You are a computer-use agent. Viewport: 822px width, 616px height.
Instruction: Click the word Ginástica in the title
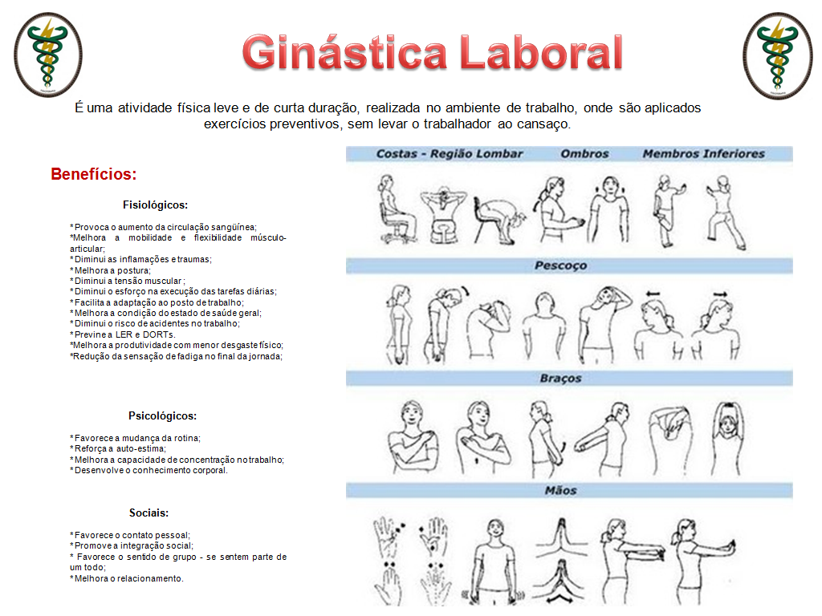(x=345, y=54)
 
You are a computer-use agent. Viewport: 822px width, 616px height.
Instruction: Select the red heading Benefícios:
(x=93, y=174)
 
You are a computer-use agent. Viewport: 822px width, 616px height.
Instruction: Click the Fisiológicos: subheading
(x=156, y=205)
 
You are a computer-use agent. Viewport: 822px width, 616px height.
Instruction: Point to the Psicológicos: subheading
(x=162, y=416)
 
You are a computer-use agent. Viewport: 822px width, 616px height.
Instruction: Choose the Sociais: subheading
(x=149, y=513)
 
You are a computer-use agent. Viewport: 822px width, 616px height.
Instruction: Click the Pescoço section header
(x=560, y=265)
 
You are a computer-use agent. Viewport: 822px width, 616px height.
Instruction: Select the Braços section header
(x=560, y=378)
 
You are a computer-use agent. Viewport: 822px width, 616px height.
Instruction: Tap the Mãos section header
(x=560, y=490)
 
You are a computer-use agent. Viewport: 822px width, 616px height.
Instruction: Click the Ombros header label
(x=584, y=153)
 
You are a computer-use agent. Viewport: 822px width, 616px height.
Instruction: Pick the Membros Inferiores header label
(x=703, y=153)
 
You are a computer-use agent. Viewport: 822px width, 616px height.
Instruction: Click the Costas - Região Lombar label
(x=450, y=153)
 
